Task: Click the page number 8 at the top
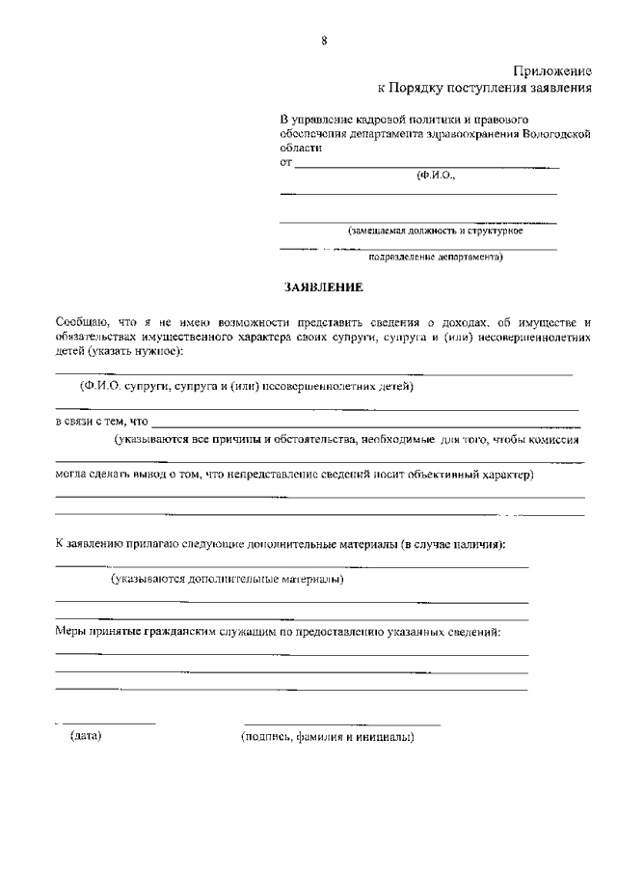(324, 40)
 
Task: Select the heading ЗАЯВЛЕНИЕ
(323, 287)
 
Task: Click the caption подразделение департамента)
(436, 258)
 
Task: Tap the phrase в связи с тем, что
(100, 421)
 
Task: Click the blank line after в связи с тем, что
(366, 423)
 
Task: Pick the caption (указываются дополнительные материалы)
(228, 580)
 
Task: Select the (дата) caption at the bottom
(87, 737)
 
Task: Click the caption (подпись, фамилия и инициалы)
(328, 737)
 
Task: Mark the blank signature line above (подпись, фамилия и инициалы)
(342, 723)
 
